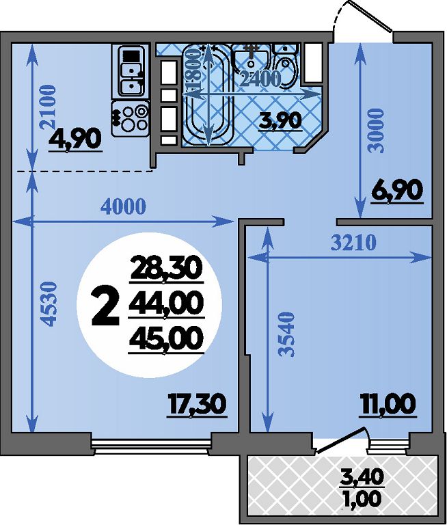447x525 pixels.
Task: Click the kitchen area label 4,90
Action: click(x=75, y=139)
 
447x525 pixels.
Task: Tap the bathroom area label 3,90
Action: click(x=280, y=120)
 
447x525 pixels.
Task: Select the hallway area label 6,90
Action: click(x=397, y=191)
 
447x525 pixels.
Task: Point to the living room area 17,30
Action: click(x=197, y=405)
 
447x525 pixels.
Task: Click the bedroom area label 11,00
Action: click(x=388, y=405)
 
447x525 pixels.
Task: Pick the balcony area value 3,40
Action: click(x=362, y=477)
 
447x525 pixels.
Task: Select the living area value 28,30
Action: click(x=166, y=268)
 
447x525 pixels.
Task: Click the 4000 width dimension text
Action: click(x=124, y=207)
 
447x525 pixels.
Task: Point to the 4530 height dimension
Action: click(x=49, y=304)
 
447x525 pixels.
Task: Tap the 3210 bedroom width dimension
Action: click(x=353, y=243)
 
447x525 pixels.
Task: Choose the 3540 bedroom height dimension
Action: click(x=286, y=334)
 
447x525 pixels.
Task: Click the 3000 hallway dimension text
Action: click(x=375, y=131)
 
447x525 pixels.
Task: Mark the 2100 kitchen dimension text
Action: click(x=47, y=107)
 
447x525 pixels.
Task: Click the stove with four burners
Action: click(x=131, y=118)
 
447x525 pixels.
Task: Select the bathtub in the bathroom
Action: click(x=208, y=95)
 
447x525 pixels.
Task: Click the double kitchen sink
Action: click(x=132, y=72)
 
